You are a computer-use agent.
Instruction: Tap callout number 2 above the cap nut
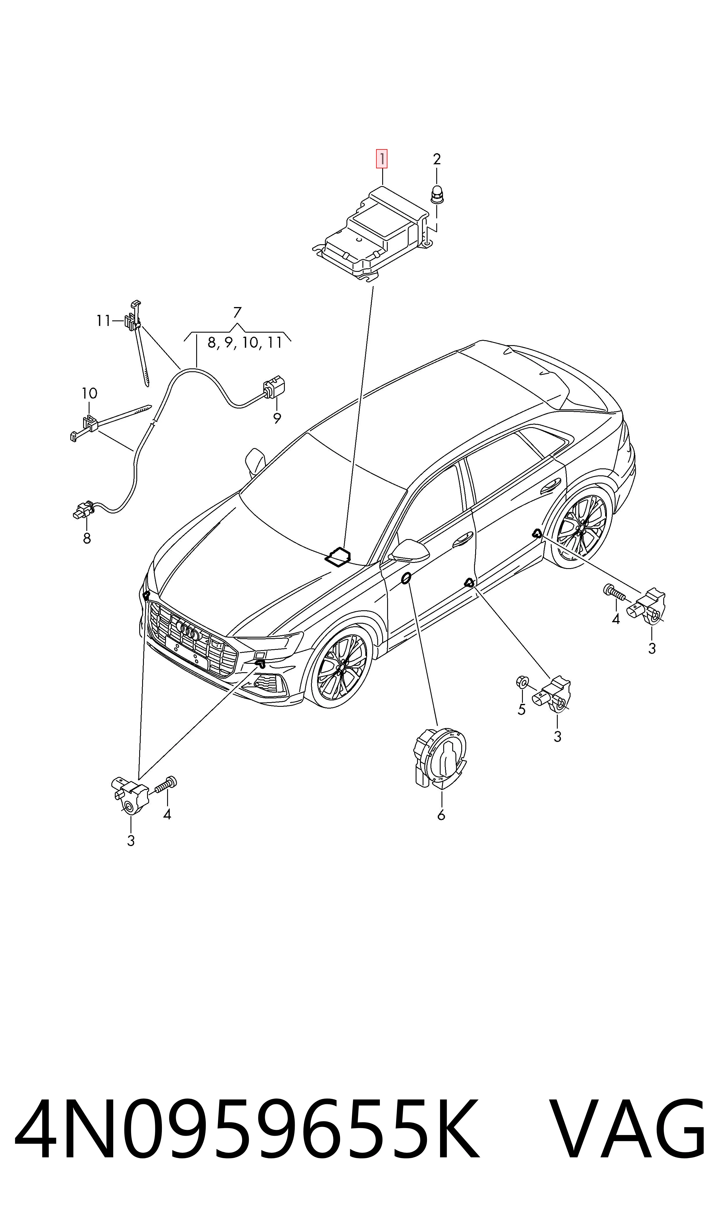point(437,159)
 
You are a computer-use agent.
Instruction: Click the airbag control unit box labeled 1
point(371,233)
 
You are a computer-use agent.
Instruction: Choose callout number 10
point(89,393)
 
